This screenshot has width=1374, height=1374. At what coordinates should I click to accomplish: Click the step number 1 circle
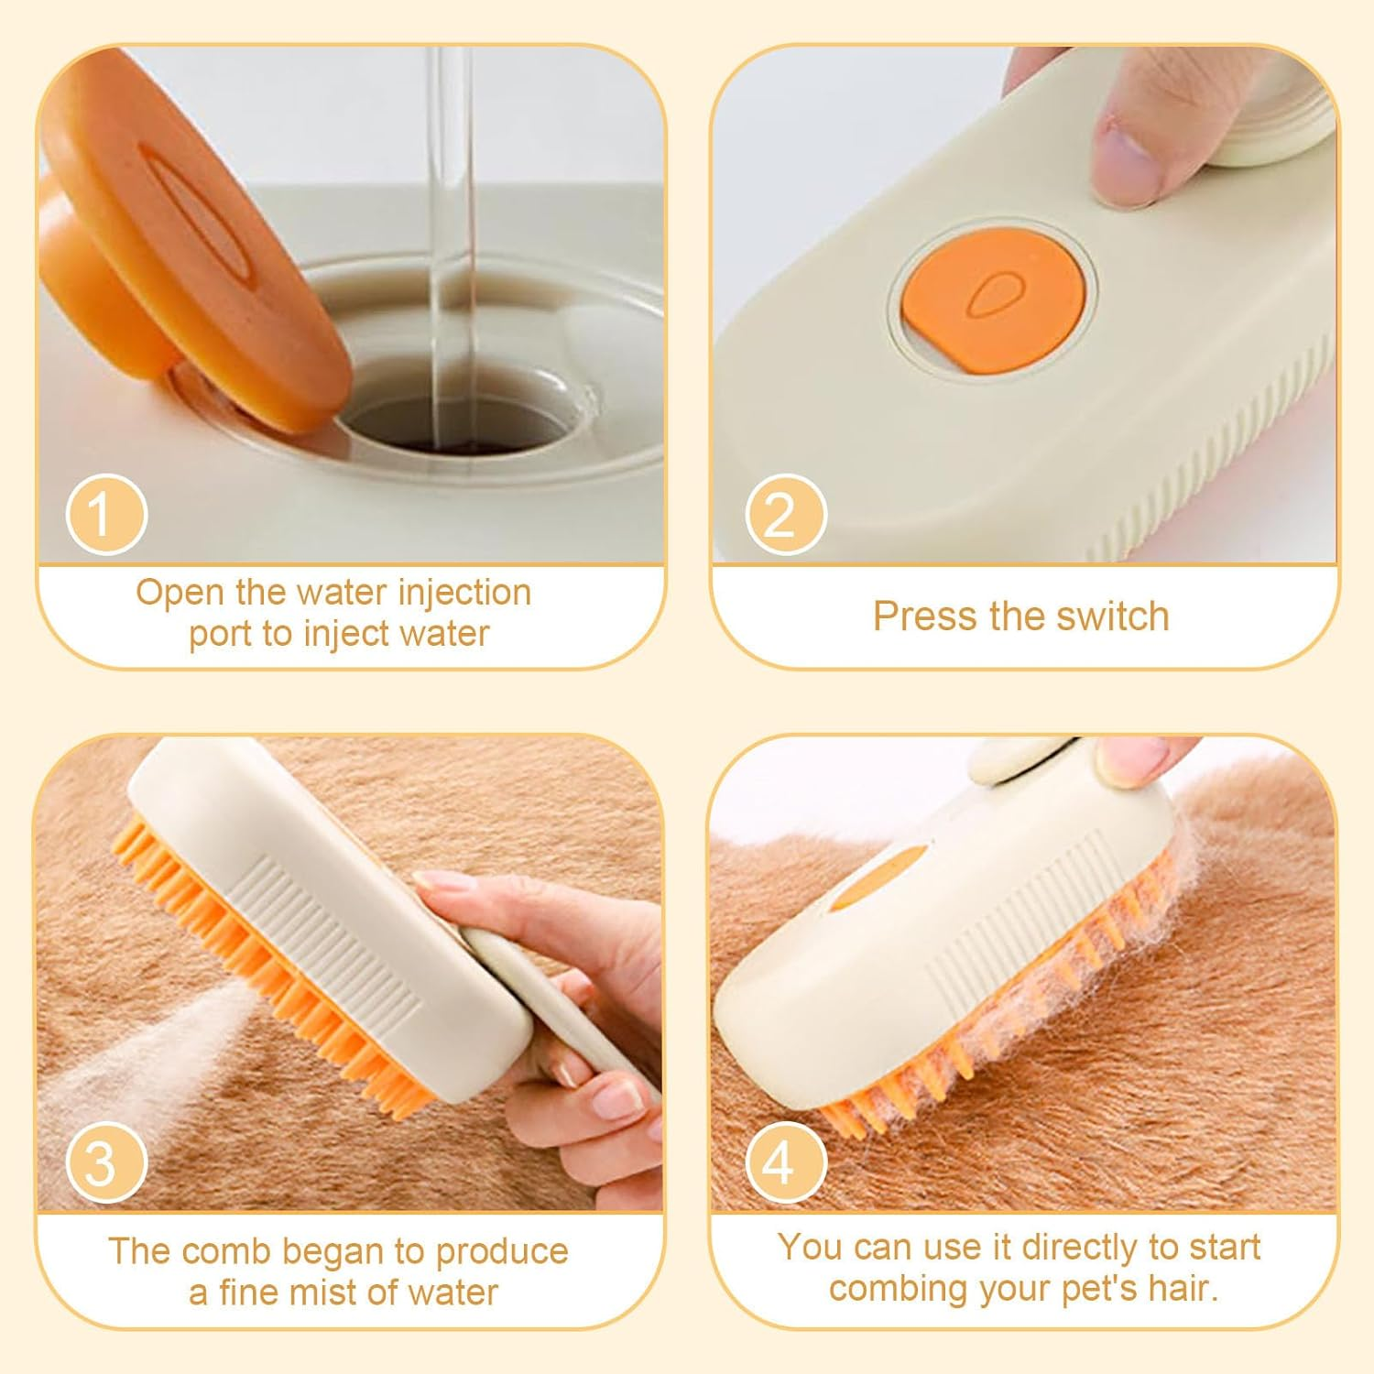(x=106, y=515)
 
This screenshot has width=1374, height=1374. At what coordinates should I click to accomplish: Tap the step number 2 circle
(x=786, y=515)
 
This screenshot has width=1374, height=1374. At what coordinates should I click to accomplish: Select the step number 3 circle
(x=106, y=1162)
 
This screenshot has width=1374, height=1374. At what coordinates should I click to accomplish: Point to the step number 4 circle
(x=786, y=1162)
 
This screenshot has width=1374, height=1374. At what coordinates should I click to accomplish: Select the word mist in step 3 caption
(x=343, y=1292)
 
